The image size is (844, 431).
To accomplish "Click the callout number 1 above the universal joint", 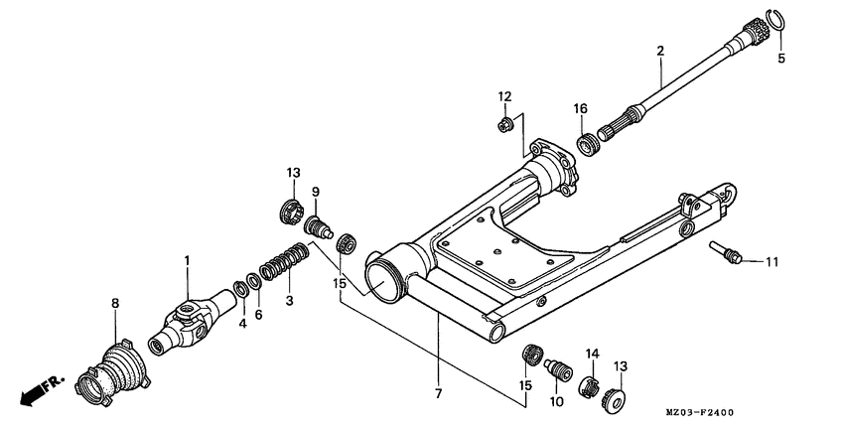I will click(185, 260).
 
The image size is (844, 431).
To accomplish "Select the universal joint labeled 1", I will click(185, 321).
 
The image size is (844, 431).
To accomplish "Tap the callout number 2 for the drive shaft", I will click(659, 49).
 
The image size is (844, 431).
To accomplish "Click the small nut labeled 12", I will click(504, 123).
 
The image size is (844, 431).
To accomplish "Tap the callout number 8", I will click(114, 302).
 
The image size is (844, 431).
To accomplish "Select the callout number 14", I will click(592, 352).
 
